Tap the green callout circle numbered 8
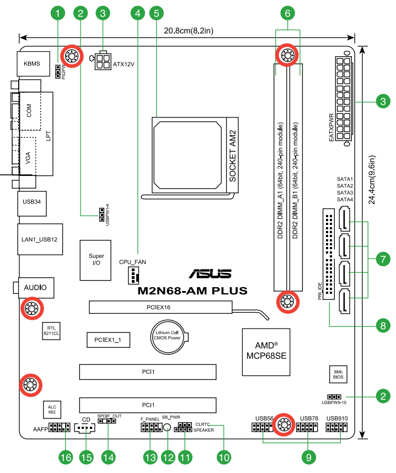pos(382,326)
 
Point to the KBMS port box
pos(33,64)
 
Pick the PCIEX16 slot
pos(159,307)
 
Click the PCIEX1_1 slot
pos(108,341)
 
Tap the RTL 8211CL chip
pos(52,330)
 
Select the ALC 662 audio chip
pos(52,409)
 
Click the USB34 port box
pos(31,202)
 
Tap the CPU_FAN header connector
pos(133,274)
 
